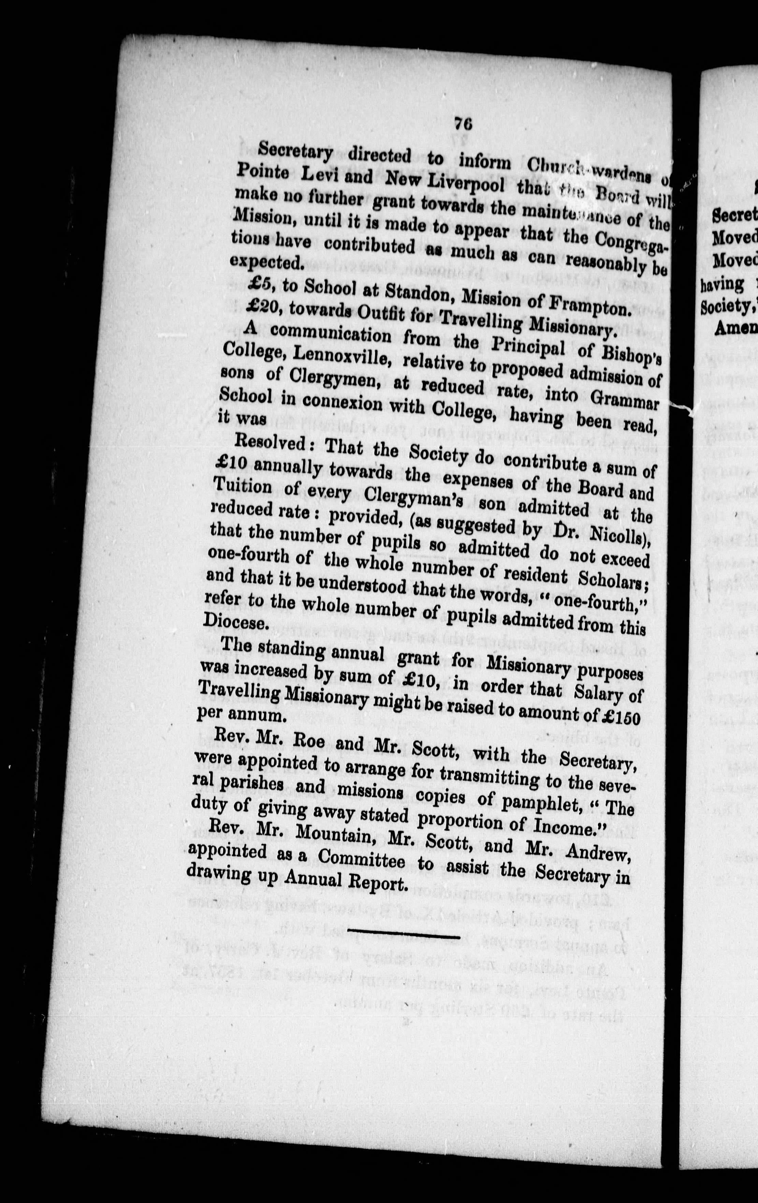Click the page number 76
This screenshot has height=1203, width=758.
[x=463, y=122]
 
